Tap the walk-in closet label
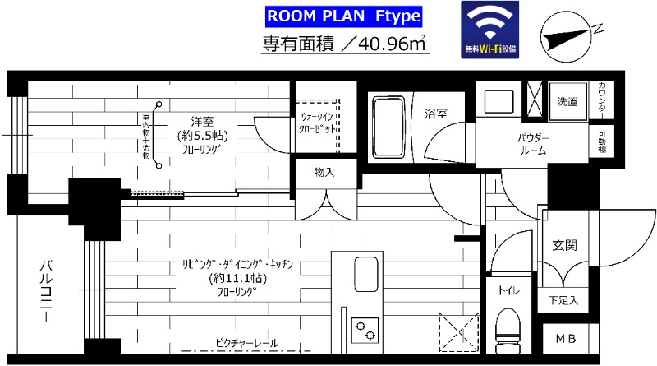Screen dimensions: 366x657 (316, 124)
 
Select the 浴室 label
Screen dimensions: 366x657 (435, 113)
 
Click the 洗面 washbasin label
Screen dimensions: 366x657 (567, 102)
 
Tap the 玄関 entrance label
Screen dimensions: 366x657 (564, 244)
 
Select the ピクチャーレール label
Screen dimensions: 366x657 (246, 342)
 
